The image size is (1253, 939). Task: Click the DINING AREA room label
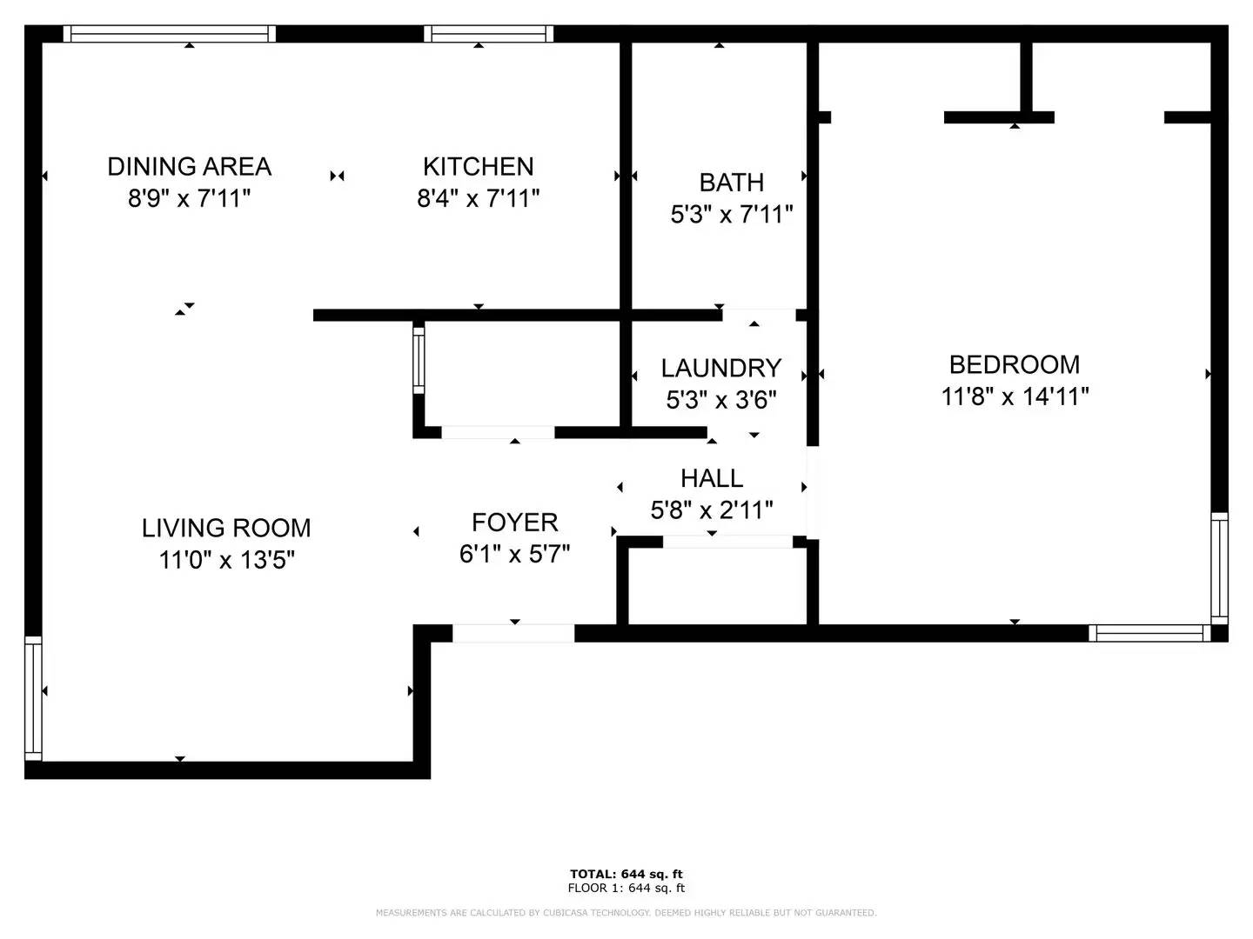coord(190,166)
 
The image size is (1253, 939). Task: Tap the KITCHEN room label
coord(479,166)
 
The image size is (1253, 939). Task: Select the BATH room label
coord(731,183)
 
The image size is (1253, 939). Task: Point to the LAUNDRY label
coord(721,368)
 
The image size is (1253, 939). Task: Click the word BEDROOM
coord(1015,364)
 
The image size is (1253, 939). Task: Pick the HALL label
coord(712,478)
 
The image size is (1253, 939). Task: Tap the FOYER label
coord(514,523)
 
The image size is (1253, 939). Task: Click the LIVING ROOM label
coord(226,528)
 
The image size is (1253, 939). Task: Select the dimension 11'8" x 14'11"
coord(1015,396)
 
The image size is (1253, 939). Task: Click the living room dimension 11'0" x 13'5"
coord(226,560)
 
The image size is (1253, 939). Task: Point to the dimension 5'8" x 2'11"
coord(712,509)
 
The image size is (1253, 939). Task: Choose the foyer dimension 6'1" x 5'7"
coord(514,554)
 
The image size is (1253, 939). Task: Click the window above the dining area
coord(170,34)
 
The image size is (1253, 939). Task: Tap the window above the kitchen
coord(489,34)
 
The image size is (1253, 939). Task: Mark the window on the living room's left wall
coord(34,698)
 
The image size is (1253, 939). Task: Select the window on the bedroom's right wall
coord(1219,569)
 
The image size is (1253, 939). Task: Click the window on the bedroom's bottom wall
coord(1149,633)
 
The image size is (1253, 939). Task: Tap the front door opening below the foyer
coord(513,633)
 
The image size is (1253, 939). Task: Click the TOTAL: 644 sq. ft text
coord(626,874)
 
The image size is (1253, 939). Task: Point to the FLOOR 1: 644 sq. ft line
coord(626,888)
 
